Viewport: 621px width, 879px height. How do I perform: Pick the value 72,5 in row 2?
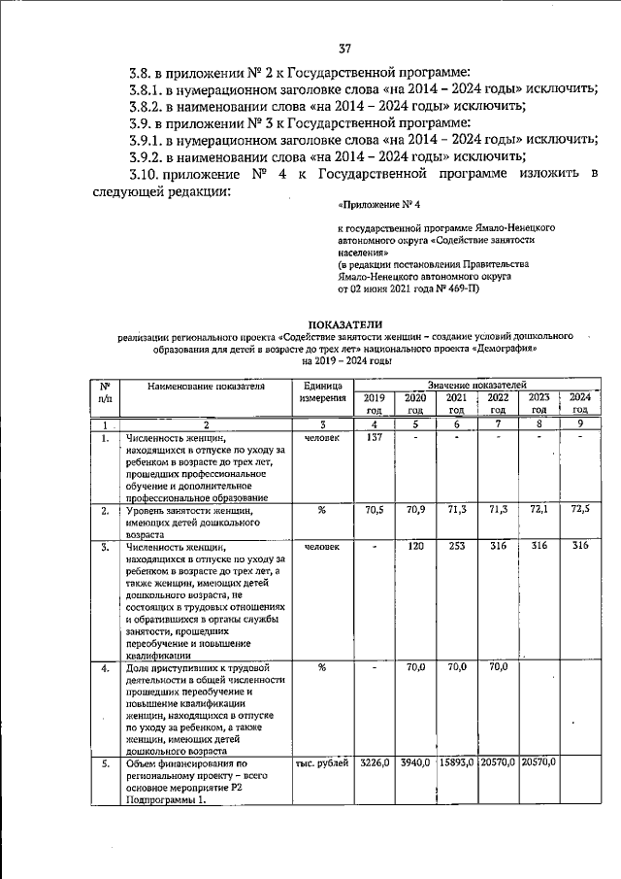coord(579,509)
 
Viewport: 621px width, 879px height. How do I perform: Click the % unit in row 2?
coord(321,509)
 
